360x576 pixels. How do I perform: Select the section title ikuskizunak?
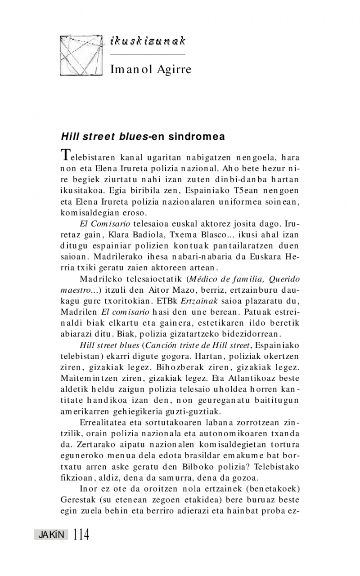(148, 41)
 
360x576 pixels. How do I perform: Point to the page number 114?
(81, 534)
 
